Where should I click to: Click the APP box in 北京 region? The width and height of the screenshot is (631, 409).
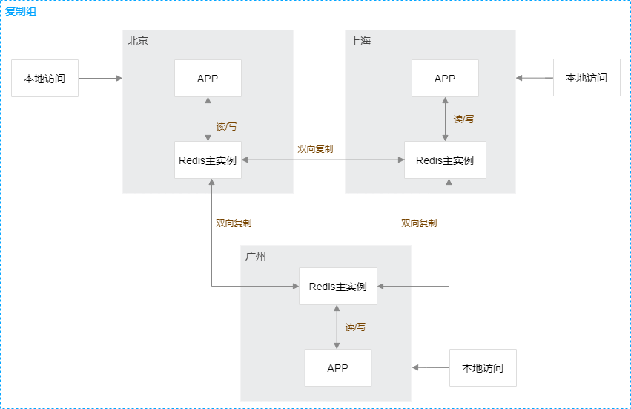pyautogui.click(x=208, y=79)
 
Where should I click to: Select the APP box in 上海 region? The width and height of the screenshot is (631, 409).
pyautogui.click(x=445, y=79)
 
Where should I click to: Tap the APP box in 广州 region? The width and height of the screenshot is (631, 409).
pyautogui.click(x=337, y=368)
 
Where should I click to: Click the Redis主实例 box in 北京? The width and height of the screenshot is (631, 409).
pyautogui.click(x=208, y=160)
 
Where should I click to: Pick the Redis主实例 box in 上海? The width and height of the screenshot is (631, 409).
pyautogui.click(x=445, y=160)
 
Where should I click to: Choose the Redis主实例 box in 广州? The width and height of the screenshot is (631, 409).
pyautogui.click(x=337, y=287)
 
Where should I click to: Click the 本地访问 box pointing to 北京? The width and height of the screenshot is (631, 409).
pyautogui.click(x=44, y=79)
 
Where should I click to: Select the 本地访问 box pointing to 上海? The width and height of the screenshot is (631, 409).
pyautogui.click(x=586, y=78)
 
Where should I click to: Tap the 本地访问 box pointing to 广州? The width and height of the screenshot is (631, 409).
pyautogui.click(x=482, y=368)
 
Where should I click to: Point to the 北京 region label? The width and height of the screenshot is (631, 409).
pyautogui.click(x=138, y=42)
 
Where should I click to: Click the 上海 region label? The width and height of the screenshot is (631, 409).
pyautogui.click(x=360, y=42)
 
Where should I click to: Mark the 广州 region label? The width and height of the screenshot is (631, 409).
pyautogui.click(x=256, y=257)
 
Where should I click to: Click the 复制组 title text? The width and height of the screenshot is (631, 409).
pyautogui.click(x=21, y=12)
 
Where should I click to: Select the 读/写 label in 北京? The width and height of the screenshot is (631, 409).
pyautogui.click(x=226, y=127)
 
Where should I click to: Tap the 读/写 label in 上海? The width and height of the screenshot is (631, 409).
pyautogui.click(x=463, y=120)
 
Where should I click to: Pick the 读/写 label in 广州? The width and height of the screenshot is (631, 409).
pyautogui.click(x=355, y=327)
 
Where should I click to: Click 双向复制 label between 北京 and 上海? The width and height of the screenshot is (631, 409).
pyautogui.click(x=315, y=149)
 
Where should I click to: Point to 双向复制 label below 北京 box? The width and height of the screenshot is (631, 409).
pyautogui.click(x=234, y=223)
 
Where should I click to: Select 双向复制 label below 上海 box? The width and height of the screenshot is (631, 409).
pyautogui.click(x=419, y=223)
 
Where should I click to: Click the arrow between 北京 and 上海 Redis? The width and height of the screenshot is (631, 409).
pyautogui.click(x=323, y=160)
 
